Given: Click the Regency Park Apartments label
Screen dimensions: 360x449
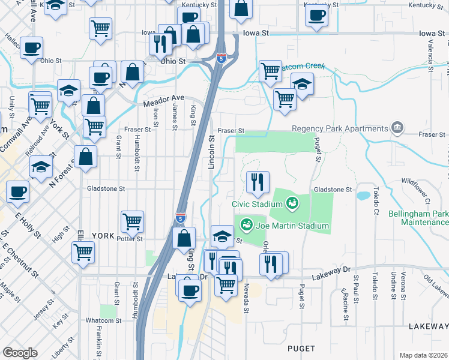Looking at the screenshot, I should (x=340, y=129).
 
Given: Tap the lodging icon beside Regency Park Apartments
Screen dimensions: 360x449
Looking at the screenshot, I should (x=397, y=128).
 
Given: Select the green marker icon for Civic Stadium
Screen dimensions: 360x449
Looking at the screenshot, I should (x=292, y=203).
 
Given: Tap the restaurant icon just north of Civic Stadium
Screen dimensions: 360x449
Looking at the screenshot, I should (x=258, y=182).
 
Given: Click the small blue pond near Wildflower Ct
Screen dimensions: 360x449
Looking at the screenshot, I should (x=363, y=196).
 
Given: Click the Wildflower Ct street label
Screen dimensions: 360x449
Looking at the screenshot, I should (x=420, y=181).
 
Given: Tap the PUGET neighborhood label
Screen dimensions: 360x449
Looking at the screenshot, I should (x=301, y=347).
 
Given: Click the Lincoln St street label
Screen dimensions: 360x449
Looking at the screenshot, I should (x=211, y=151).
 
